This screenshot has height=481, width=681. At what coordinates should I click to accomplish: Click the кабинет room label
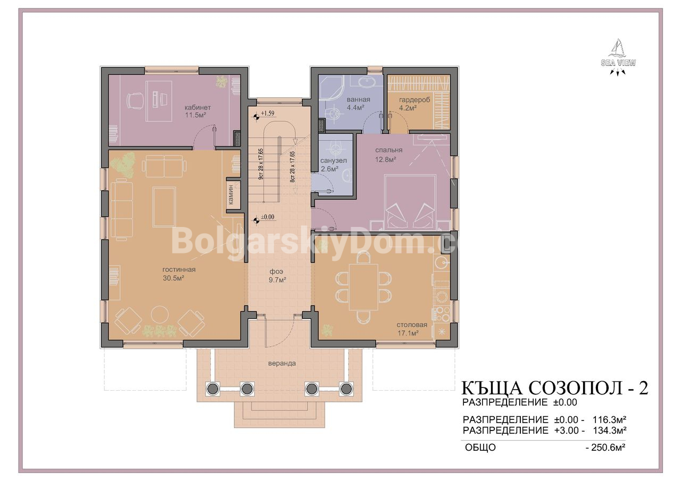(197, 107)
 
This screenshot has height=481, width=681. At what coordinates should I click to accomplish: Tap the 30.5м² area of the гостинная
(173, 278)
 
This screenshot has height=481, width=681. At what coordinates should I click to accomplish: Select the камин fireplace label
(231, 195)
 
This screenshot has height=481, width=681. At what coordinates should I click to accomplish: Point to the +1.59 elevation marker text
(268, 113)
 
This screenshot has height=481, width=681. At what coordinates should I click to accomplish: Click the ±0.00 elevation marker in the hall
(268, 217)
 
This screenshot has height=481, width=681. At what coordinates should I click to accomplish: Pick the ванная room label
(359, 99)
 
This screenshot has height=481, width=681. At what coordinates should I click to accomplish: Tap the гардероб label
(414, 99)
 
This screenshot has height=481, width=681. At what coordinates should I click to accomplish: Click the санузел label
(334, 161)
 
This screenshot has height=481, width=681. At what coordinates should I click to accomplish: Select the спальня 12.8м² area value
(385, 159)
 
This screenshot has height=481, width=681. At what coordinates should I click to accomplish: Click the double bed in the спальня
(410, 202)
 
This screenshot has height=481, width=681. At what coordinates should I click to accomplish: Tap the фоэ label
(276, 272)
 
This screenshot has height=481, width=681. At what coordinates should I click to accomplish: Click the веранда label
(282, 363)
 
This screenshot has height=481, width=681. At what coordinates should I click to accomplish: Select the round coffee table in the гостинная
(160, 315)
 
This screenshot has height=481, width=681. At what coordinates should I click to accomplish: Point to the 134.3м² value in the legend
(610, 431)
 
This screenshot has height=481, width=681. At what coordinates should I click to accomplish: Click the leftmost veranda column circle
(212, 389)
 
